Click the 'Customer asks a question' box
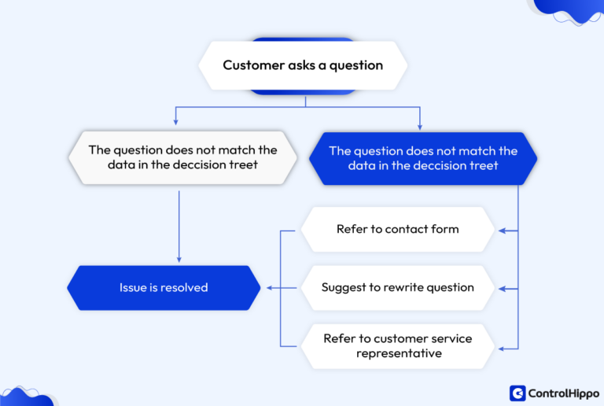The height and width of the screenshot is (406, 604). (x=303, y=65)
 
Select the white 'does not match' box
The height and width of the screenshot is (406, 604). (x=182, y=157)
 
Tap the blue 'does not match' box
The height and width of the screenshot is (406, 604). (x=423, y=157)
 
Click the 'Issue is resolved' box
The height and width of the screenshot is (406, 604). (x=164, y=288)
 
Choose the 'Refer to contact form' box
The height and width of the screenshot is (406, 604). (x=397, y=230)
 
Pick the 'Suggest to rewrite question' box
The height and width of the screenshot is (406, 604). (x=397, y=288)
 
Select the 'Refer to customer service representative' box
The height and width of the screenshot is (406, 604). (x=397, y=346)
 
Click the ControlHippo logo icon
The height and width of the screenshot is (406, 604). (x=517, y=393)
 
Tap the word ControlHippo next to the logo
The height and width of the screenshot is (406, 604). (x=564, y=393)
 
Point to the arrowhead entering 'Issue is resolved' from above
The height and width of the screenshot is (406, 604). (x=179, y=259)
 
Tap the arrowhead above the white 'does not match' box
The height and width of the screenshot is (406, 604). (x=175, y=123)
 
